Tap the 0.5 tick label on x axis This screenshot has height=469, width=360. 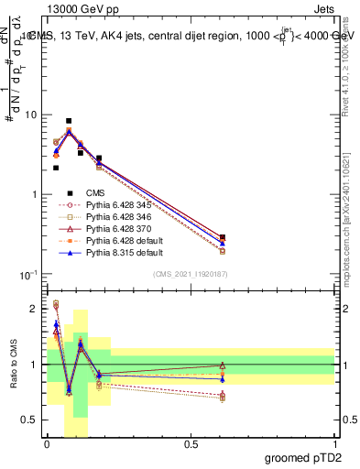[191, 444]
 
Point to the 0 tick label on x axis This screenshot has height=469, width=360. [47, 444]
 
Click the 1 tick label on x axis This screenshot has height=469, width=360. [334, 444]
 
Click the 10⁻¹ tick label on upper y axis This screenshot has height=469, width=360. [28, 275]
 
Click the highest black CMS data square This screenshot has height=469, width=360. [69, 121]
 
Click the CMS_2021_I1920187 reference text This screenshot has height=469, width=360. [191, 273]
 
